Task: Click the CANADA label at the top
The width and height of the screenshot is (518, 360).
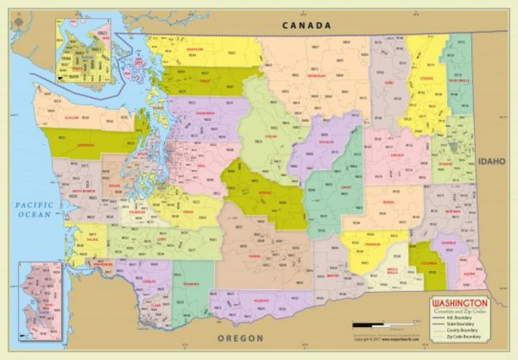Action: point(307,26)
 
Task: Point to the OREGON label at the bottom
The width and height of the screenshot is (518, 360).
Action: point(240,338)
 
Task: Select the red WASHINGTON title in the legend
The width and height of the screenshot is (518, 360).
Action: point(460,303)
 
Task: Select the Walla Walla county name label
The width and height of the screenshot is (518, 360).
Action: point(392,272)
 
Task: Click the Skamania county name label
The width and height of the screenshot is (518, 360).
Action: point(192,284)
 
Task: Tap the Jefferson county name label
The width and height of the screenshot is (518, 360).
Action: point(86,144)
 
